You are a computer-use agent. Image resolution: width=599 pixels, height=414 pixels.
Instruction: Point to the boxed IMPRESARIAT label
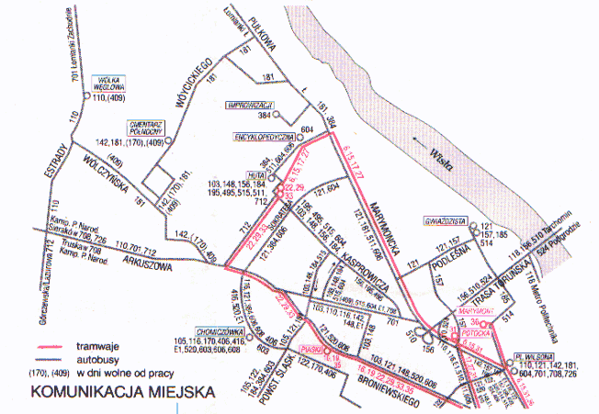coord(250,106)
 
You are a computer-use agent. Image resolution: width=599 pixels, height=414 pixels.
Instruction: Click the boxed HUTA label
coord(255,173)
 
